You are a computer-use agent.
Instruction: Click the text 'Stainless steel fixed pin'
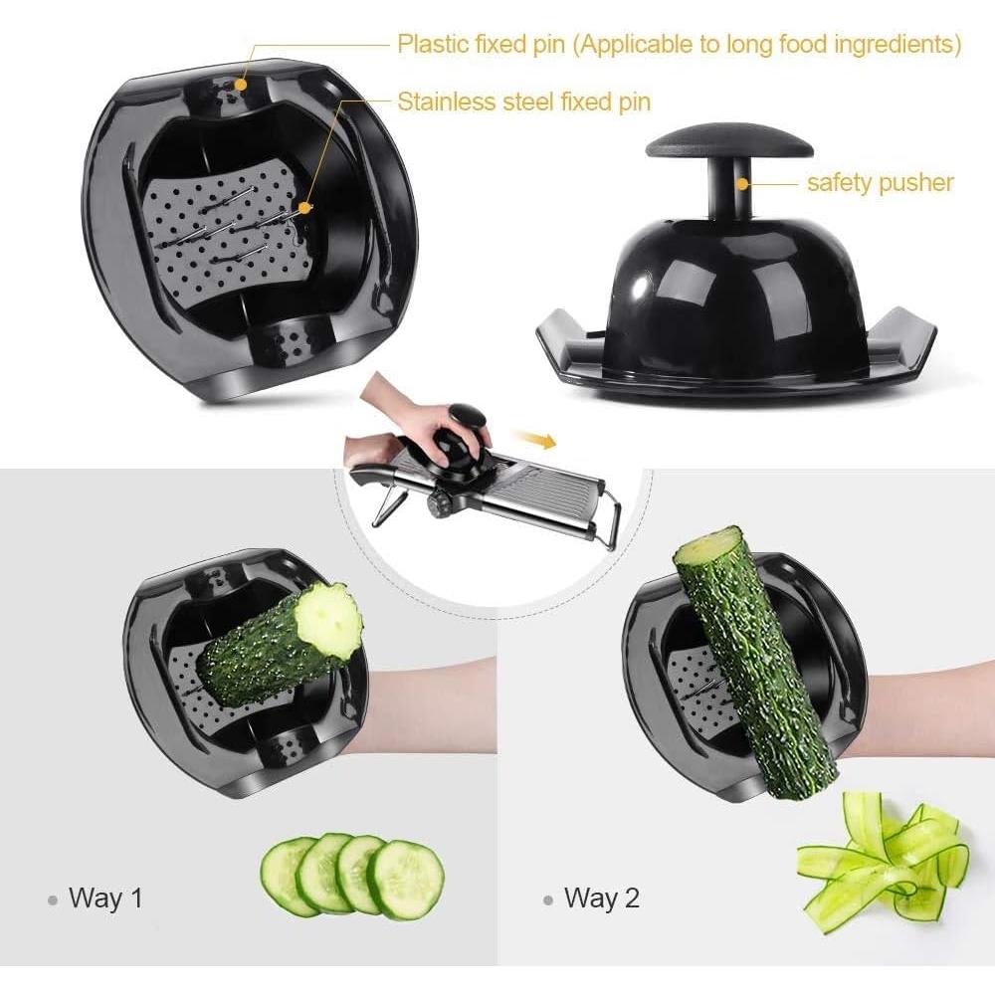point(523,101)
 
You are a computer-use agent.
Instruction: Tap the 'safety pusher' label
point(880,182)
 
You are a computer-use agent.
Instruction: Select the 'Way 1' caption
point(105,898)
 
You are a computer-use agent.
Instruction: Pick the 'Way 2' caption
point(601,898)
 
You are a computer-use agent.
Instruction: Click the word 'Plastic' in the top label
point(435,45)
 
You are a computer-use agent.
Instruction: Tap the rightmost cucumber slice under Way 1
point(406,879)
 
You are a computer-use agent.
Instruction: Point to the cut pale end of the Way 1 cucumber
point(331,620)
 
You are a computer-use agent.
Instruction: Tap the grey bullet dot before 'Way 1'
point(53,899)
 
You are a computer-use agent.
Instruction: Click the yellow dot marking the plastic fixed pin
point(239,86)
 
